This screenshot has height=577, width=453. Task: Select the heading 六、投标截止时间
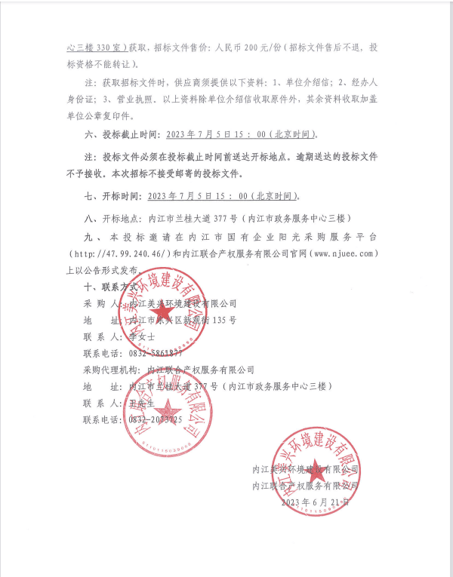[x=121, y=136]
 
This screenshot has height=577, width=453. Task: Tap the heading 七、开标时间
[x=111, y=195]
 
